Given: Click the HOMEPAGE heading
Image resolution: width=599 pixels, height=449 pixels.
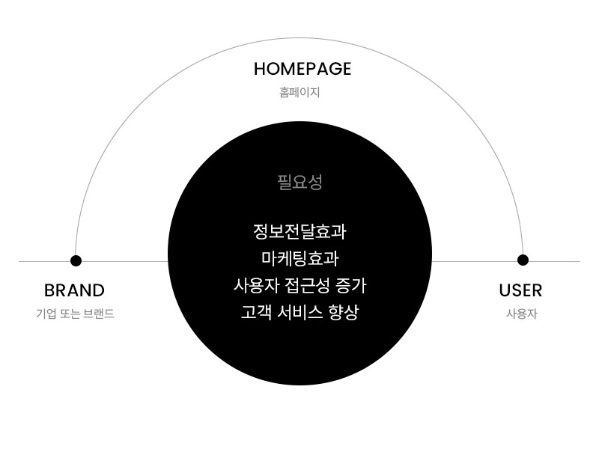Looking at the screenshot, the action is (302, 69).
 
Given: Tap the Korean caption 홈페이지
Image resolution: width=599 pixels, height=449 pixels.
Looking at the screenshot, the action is (299, 92).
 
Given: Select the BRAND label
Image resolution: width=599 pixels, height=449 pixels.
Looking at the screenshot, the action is (74, 290).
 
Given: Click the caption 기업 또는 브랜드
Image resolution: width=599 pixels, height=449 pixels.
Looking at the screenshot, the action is (76, 314).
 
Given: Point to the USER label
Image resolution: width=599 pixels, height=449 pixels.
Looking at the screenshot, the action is (520, 290).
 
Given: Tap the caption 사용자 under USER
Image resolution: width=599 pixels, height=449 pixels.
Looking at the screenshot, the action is (522, 314).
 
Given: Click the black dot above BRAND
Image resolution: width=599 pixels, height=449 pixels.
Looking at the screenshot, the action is (76, 260).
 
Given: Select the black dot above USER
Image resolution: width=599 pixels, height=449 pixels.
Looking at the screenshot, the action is (523, 260).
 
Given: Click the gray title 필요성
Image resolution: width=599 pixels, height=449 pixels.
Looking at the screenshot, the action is (300, 182).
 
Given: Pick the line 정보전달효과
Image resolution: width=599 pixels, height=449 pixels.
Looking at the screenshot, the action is (300, 231).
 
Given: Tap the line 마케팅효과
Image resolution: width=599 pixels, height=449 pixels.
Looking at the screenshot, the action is (300, 258).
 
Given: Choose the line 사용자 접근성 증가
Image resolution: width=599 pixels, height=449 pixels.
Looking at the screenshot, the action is (300, 286).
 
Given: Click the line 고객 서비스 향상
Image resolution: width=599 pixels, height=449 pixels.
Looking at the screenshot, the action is (300, 312).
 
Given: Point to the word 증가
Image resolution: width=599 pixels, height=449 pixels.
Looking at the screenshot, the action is (350, 286).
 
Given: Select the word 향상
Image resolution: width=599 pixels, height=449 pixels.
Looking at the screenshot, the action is (344, 312).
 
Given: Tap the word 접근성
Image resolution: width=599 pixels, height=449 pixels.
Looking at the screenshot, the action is (307, 286).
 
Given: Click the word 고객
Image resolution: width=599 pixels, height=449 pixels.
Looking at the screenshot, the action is (256, 312).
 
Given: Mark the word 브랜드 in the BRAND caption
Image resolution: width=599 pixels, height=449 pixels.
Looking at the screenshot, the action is (99, 314).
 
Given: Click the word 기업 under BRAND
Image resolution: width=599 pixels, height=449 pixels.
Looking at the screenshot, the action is (46, 314).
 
